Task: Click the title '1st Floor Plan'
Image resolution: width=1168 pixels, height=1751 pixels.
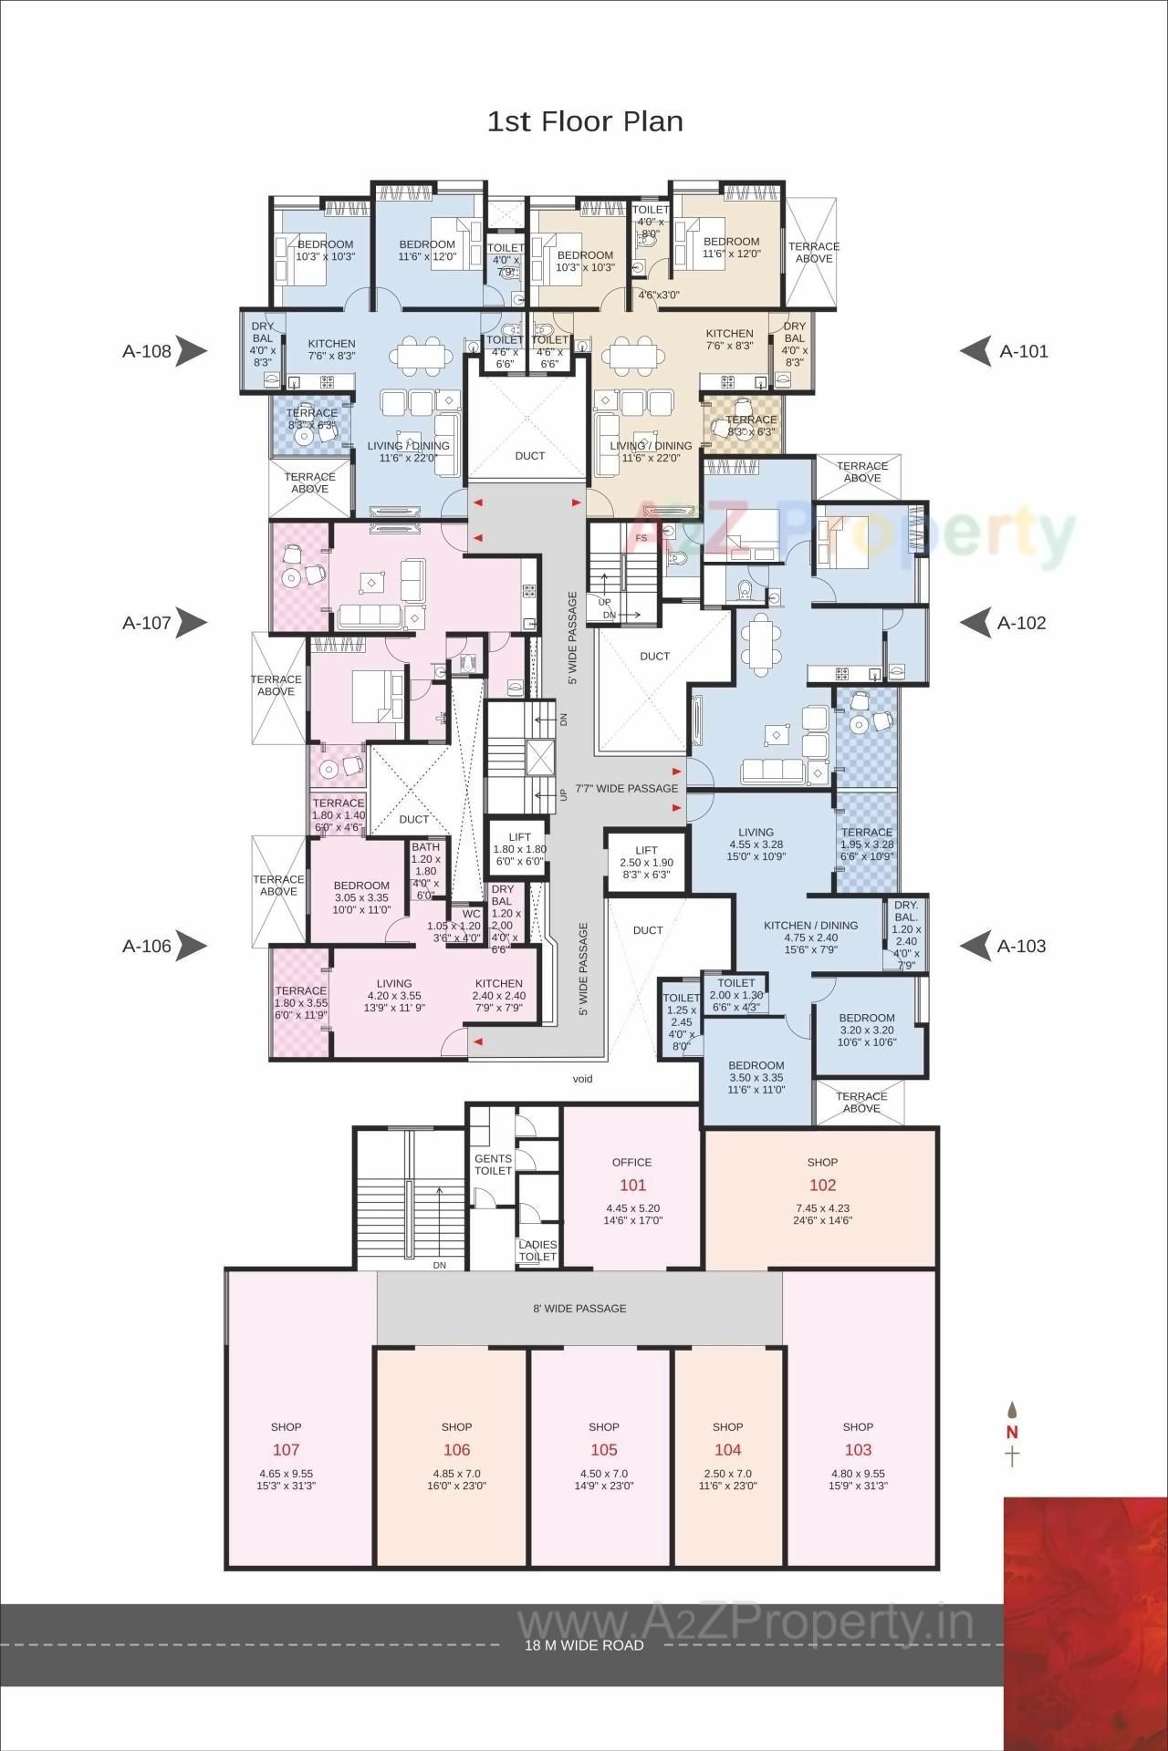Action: click(584, 121)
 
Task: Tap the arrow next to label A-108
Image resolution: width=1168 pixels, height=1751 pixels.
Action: click(192, 350)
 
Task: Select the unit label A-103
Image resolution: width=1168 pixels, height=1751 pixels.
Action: click(1021, 946)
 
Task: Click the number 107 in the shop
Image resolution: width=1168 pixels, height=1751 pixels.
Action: click(286, 1450)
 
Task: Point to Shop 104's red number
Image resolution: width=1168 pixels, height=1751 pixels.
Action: click(727, 1450)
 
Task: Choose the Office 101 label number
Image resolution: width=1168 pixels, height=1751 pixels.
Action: click(632, 1185)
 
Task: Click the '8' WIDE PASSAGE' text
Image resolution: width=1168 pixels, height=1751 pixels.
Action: click(579, 1308)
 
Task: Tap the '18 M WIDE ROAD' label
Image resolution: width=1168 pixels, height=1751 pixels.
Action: click(584, 1645)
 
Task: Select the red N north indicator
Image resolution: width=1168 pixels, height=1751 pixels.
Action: click(1012, 1432)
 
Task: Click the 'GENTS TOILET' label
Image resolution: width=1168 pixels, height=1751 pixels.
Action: click(493, 1165)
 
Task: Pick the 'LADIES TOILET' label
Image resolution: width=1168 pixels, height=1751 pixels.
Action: click(537, 1250)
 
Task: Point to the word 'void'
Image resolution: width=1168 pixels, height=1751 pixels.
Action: click(582, 1079)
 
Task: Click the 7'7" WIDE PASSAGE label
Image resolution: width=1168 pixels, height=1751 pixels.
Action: click(627, 788)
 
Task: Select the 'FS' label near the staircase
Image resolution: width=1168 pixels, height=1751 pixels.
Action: click(641, 538)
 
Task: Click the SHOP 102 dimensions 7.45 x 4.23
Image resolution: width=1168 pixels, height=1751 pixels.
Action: click(822, 1208)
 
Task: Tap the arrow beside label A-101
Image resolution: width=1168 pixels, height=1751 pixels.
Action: click(975, 350)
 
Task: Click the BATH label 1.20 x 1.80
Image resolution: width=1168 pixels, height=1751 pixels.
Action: click(425, 847)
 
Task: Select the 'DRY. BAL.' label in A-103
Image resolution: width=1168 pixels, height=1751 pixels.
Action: click(906, 911)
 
